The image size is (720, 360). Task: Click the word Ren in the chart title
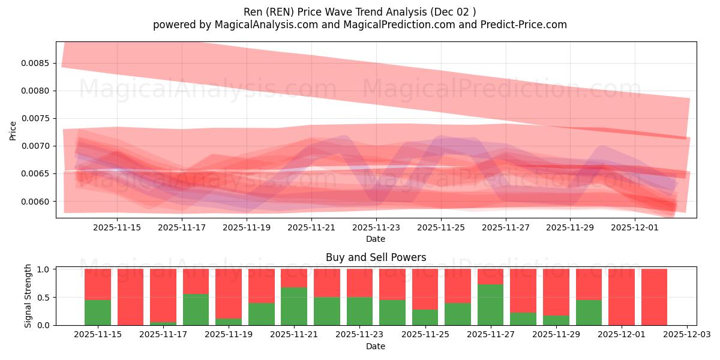click(253, 11)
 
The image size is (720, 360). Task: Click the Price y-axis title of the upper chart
click(13, 130)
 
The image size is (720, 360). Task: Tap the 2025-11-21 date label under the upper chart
click(311, 227)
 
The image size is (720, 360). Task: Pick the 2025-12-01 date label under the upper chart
click(635, 227)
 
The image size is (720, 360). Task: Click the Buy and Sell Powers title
click(376, 257)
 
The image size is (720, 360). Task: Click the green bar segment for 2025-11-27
click(490, 305)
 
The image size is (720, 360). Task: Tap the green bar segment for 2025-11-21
click(294, 306)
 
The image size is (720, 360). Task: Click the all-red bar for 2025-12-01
click(622, 297)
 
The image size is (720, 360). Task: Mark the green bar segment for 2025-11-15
click(98, 312)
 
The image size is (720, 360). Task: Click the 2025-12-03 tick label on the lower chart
click(686, 334)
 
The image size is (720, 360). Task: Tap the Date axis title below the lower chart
click(376, 346)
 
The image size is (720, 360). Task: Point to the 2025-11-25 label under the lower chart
click(425, 334)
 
